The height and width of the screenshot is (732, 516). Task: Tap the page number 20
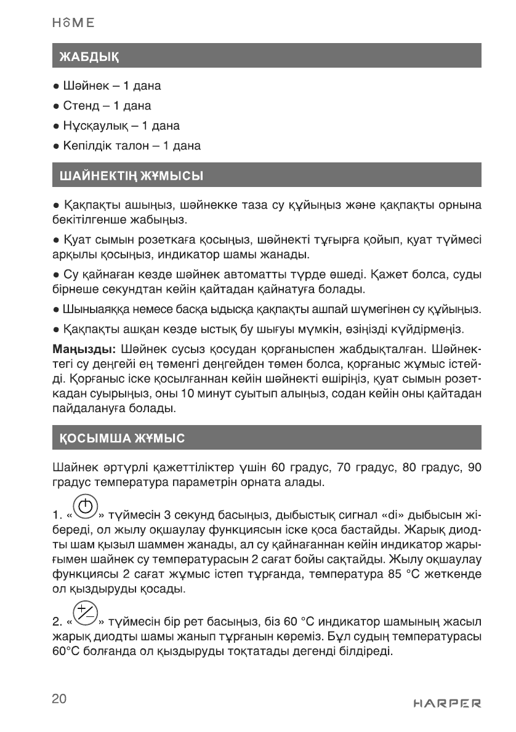tap(60, 699)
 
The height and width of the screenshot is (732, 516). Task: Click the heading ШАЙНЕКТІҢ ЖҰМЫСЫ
tap(131, 177)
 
